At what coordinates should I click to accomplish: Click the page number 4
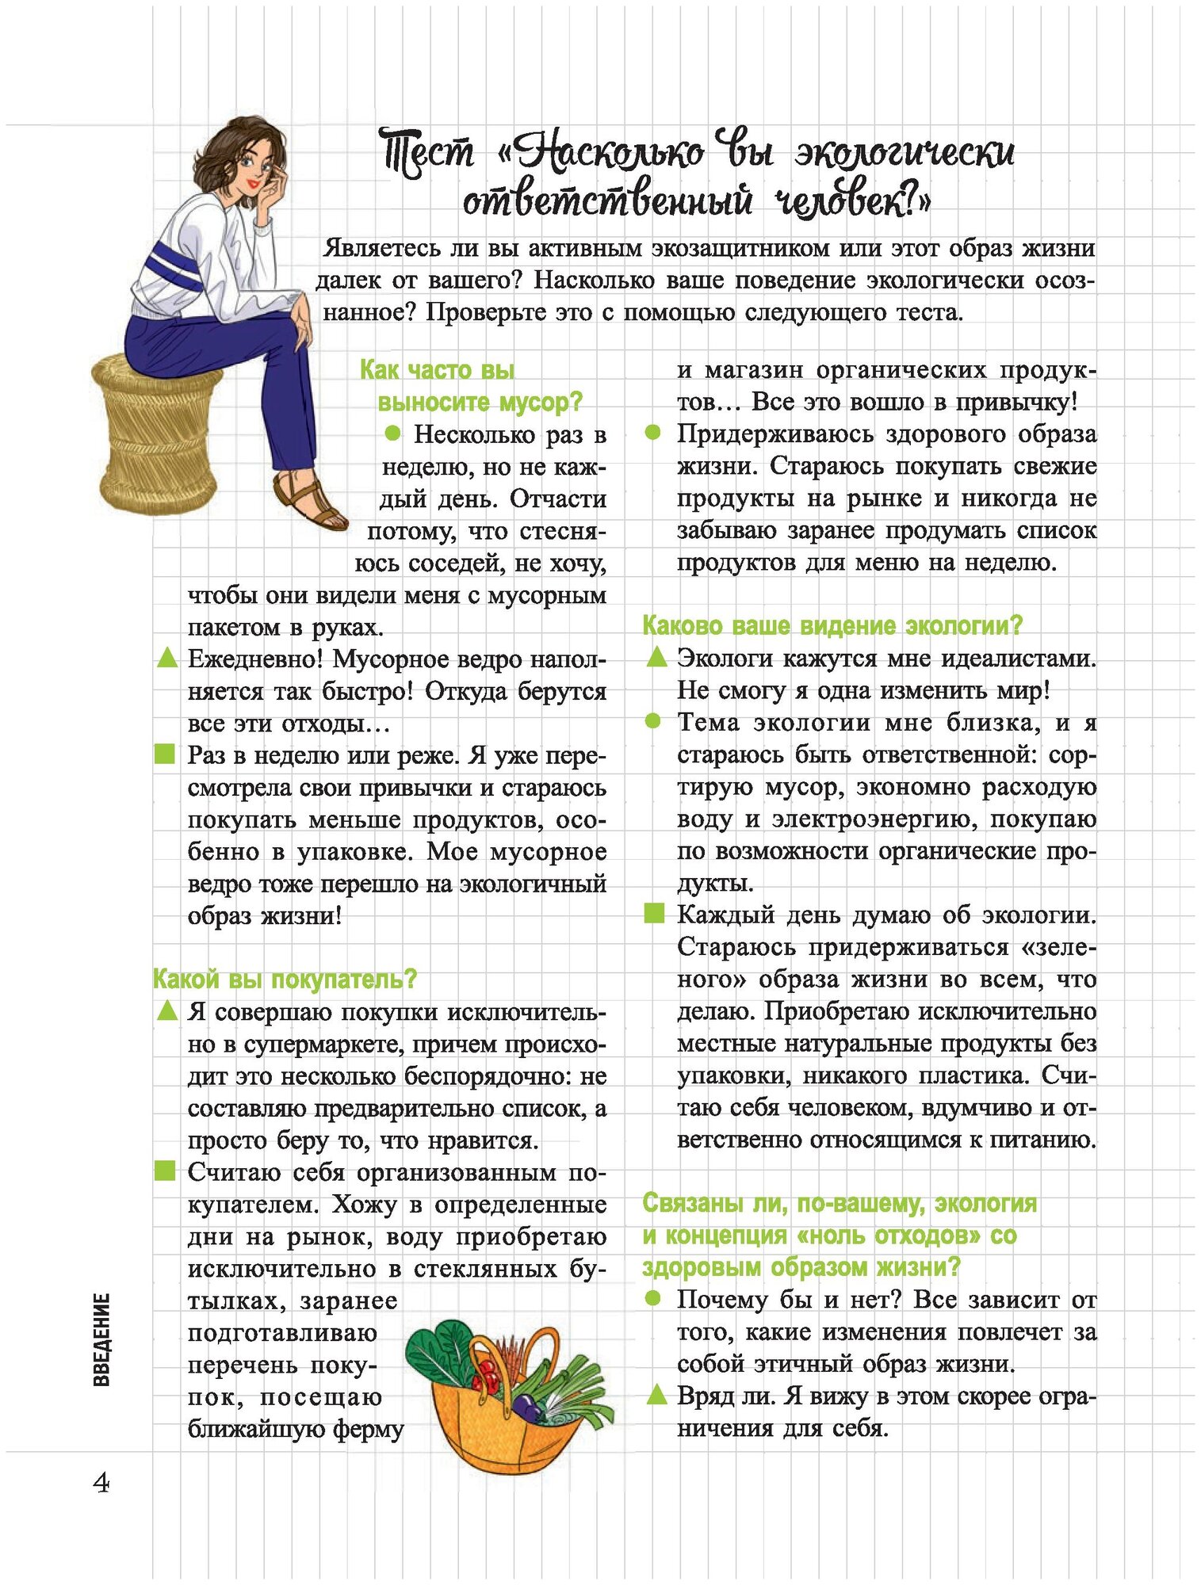pyautogui.click(x=101, y=1482)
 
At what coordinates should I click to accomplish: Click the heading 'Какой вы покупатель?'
pyautogui.click(x=285, y=980)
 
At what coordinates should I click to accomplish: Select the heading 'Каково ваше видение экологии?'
pyautogui.click(x=832, y=626)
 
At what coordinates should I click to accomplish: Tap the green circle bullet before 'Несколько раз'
pyautogui.click(x=392, y=434)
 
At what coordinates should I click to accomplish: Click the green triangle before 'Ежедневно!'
pyautogui.click(x=166, y=659)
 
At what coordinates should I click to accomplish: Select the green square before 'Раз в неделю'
pyautogui.click(x=164, y=754)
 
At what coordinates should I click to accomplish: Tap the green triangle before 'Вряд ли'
pyautogui.click(x=656, y=1395)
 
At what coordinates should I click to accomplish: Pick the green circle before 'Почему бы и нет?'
pyautogui.click(x=653, y=1298)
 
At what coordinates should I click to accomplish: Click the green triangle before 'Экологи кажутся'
pyautogui.click(x=656, y=658)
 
